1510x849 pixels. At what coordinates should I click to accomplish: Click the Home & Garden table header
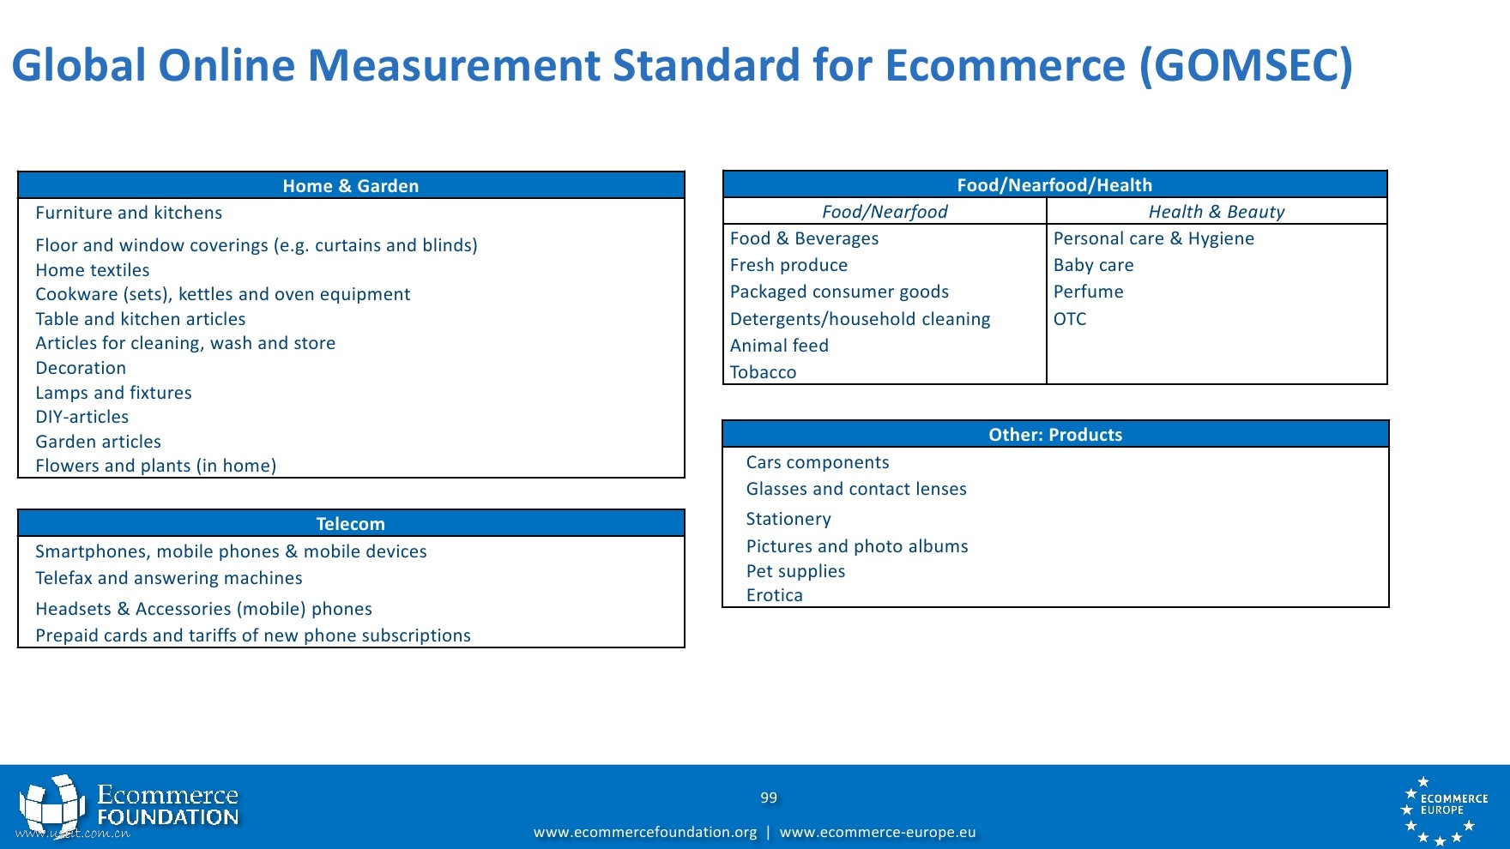click(x=351, y=185)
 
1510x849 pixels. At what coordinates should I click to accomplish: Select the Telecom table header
click(x=351, y=523)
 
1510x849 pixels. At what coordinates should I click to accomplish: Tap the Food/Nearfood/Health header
click(x=1054, y=184)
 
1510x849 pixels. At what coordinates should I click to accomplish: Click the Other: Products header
click(x=1055, y=434)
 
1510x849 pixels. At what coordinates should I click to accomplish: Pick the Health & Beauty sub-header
click(x=1217, y=212)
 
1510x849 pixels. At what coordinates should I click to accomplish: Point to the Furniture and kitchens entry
click(x=129, y=213)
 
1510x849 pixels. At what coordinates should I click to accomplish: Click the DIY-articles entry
click(x=82, y=417)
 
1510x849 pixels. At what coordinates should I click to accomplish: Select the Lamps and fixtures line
click(x=113, y=393)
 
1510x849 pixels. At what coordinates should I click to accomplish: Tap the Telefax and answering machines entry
click(x=169, y=578)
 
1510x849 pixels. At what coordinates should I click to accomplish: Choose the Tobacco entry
click(x=763, y=372)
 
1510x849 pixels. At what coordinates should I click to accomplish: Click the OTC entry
click(x=1070, y=319)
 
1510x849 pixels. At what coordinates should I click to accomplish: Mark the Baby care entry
click(x=1094, y=265)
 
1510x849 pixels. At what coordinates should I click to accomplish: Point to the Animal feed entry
click(x=779, y=346)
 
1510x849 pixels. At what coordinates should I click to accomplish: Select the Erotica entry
click(x=775, y=595)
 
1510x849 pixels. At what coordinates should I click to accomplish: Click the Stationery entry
click(x=788, y=519)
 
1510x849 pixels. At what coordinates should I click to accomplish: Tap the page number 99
click(x=769, y=798)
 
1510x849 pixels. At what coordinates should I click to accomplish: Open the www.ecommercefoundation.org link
click(x=645, y=832)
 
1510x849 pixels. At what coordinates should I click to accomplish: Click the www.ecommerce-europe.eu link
click(x=878, y=832)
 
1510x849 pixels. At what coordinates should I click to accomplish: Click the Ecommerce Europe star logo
click(x=1444, y=810)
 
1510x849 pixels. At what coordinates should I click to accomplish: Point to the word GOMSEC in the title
click(x=1245, y=65)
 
